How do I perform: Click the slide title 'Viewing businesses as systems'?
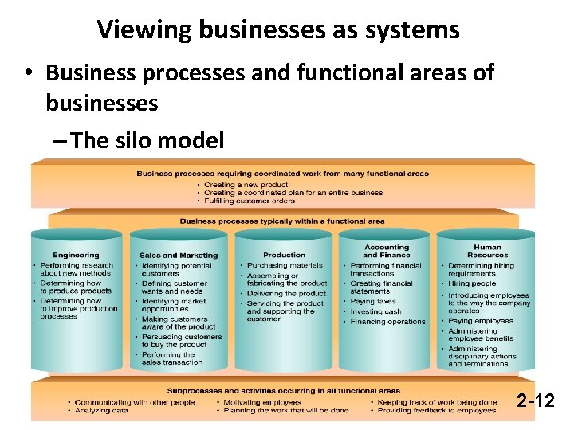click(x=278, y=30)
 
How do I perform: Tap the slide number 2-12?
click(x=535, y=400)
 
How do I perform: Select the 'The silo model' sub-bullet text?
click(x=147, y=140)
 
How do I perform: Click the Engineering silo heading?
click(x=77, y=256)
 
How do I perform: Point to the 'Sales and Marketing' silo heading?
click(x=179, y=256)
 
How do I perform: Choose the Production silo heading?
click(x=285, y=256)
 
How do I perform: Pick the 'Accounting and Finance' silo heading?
click(x=387, y=252)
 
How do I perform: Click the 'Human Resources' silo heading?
click(x=488, y=252)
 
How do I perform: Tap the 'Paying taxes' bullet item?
click(x=373, y=302)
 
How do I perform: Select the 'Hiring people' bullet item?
click(x=472, y=283)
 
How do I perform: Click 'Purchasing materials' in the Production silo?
click(x=285, y=266)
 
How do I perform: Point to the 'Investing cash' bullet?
click(x=375, y=311)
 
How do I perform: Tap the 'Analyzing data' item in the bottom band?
click(x=102, y=411)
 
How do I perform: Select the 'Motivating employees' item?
click(x=262, y=402)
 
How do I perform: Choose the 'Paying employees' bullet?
click(x=481, y=321)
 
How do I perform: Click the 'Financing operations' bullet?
click(x=388, y=322)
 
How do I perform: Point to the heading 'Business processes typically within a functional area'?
click(x=282, y=221)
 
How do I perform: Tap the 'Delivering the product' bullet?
click(x=286, y=294)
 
